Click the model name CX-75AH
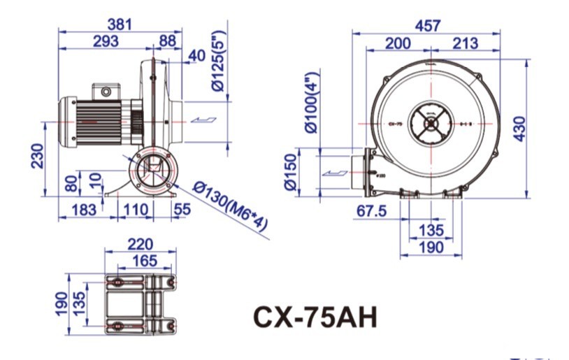(315, 317)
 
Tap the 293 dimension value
(106, 41)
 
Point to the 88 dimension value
(168, 41)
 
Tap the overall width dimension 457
(427, 25)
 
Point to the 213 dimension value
(465, 43)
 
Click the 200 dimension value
(398, 43)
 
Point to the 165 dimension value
(145, 261)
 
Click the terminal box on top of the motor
(107, 89)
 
